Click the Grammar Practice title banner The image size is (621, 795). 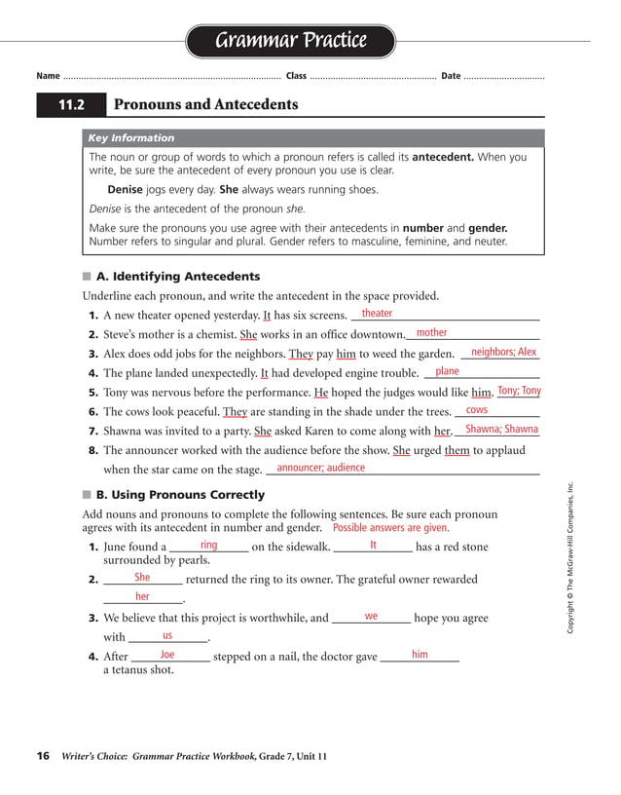[290, 41]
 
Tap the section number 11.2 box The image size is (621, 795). [71, 105]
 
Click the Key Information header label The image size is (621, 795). [131, 138]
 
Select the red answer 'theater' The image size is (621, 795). [377, 314]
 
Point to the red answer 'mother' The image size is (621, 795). [431, 333]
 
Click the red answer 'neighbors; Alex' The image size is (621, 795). [503, 353]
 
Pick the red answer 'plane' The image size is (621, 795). [447, 372]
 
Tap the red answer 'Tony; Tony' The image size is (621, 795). [519, 392]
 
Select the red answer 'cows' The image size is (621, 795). [477, 411]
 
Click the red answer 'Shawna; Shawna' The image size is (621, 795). [501, 430]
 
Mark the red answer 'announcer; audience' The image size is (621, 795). [320, 469]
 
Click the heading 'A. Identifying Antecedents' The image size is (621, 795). [178, 277]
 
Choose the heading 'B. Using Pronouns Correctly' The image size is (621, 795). [180, 495]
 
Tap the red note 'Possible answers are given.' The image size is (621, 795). [390, 528]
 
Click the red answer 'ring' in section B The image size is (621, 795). [208, 546]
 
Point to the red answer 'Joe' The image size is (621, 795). [167, 655]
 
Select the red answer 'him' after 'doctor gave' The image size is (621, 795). [420, 655]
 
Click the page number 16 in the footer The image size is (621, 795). [43, 756]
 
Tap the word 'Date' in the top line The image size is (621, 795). [451, 76]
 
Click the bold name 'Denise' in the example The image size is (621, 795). [125, 190]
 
